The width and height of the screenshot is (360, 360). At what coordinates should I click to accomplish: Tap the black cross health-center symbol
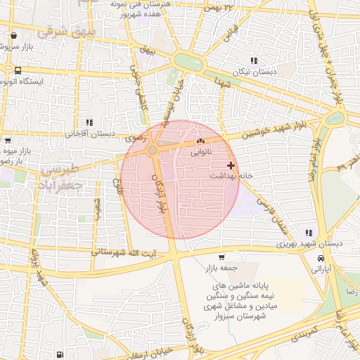coord(231,165)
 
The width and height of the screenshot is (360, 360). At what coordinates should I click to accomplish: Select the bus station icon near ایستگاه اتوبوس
coord(17,70)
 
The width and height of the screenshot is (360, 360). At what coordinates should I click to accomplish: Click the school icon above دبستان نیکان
coord(254,60)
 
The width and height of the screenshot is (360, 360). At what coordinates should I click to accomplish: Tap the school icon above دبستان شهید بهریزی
coord(308,233)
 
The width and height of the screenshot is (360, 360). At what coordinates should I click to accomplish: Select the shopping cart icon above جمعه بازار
coord(222,257)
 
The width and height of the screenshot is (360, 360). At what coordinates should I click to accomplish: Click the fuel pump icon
coord(59,354)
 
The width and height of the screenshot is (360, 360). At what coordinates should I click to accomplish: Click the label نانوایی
coord(200,152)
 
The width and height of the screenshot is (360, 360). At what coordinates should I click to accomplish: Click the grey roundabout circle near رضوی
coord(152,150)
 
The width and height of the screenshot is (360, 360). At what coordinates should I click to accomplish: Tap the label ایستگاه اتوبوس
coord(23,82)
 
